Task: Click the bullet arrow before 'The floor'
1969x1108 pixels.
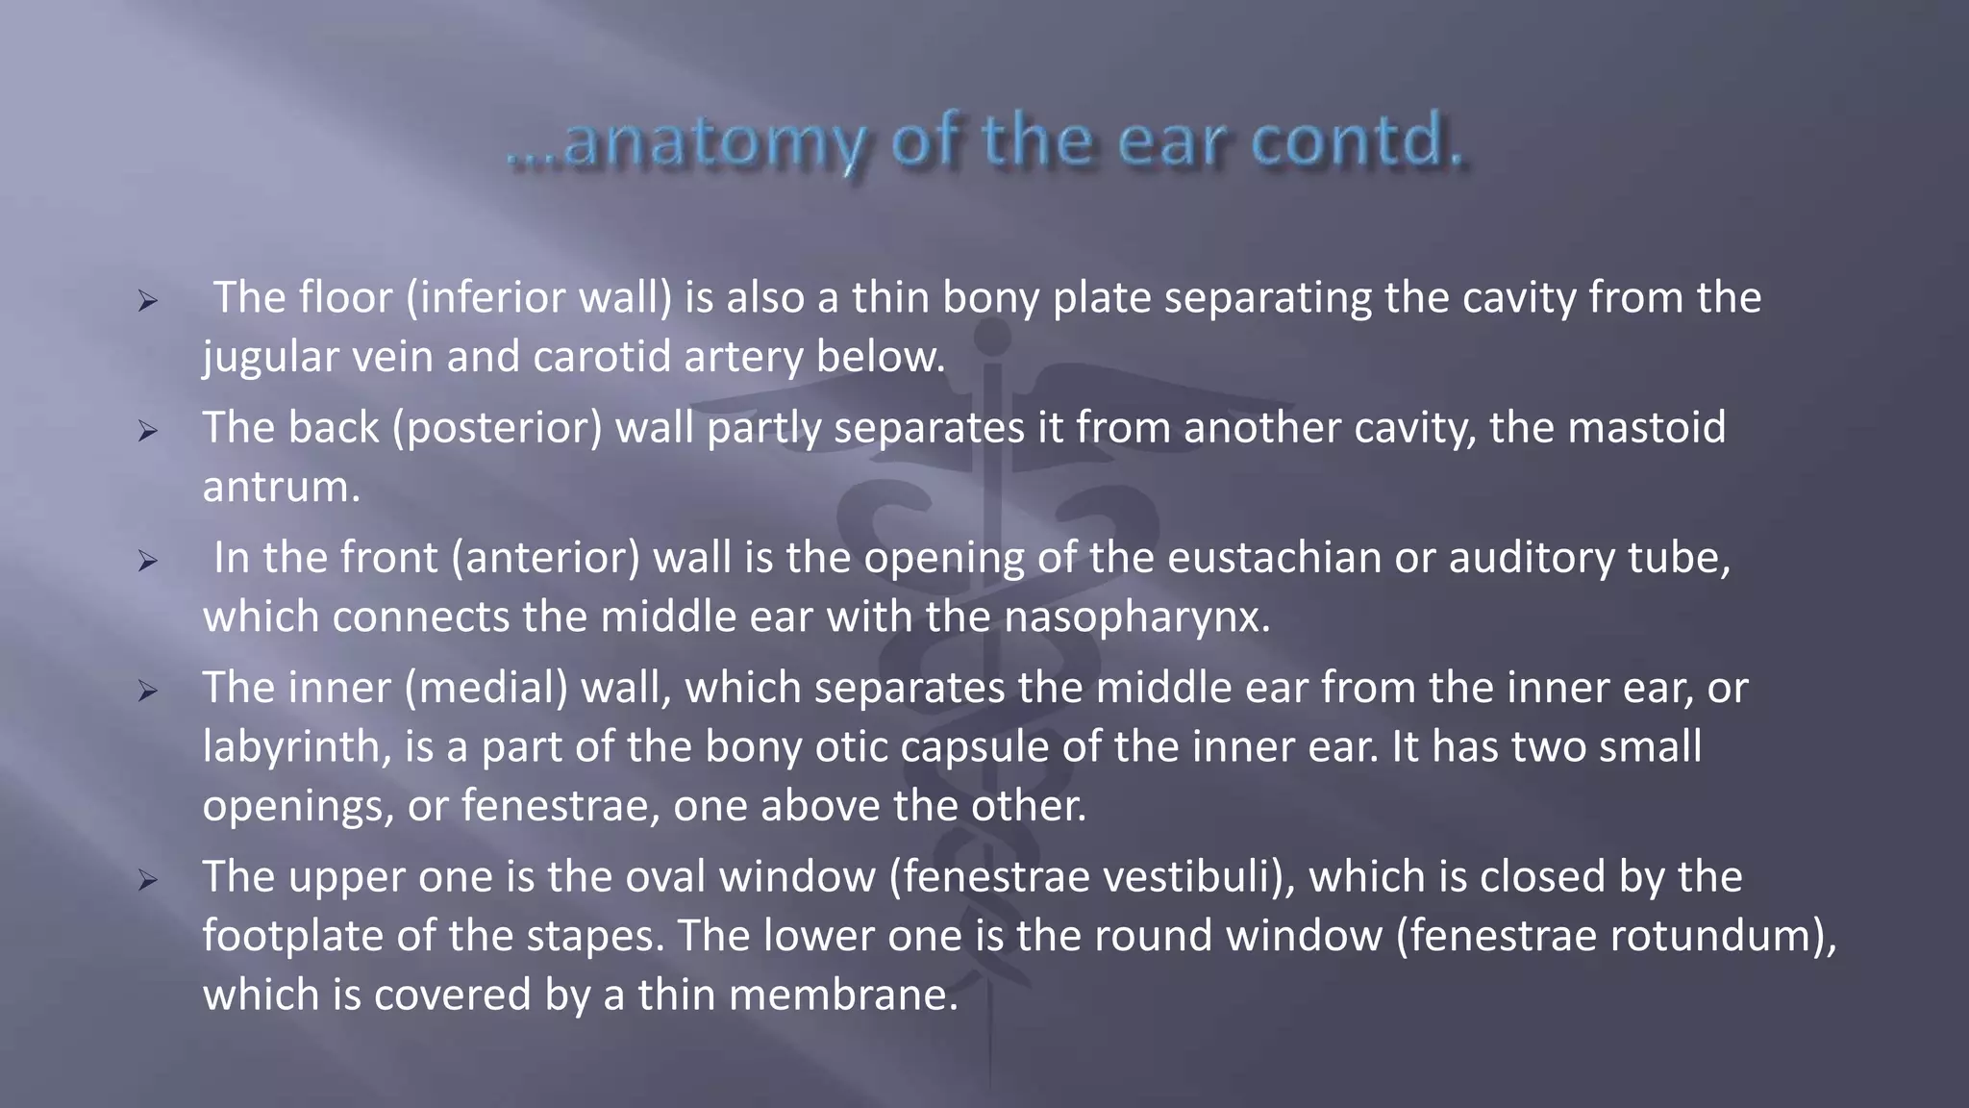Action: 147,301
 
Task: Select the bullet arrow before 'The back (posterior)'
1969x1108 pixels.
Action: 147,431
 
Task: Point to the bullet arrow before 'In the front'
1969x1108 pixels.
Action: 147,561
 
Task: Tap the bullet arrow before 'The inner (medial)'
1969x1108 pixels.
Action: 147,691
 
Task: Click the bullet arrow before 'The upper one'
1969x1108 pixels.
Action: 147,880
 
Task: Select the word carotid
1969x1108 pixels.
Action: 601,357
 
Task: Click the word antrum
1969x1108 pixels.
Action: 280,488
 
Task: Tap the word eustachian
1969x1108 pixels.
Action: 1274,558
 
